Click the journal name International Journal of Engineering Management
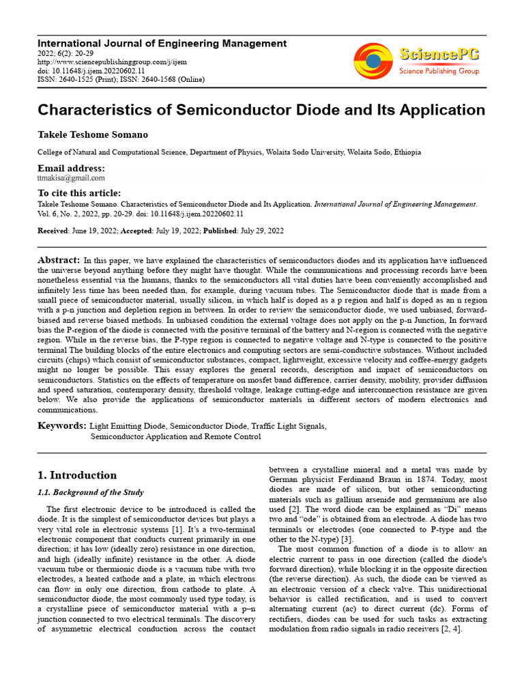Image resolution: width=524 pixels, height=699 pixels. (162, 43)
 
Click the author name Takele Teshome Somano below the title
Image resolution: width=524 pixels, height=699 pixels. (92, 135)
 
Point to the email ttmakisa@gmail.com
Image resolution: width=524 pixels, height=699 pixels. (71, 177)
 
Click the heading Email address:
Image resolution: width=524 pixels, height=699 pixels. (71, 168)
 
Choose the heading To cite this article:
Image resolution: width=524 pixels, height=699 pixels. (78, 193)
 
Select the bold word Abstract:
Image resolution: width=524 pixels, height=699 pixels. (59, 261)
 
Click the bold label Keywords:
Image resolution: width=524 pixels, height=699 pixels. (61, 426)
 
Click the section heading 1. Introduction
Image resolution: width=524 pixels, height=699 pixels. (76, 475)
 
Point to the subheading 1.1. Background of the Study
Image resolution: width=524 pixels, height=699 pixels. (90, 492)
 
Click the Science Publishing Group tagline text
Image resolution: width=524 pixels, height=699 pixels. (439, 71)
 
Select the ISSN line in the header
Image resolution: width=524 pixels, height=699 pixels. (121, 79)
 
